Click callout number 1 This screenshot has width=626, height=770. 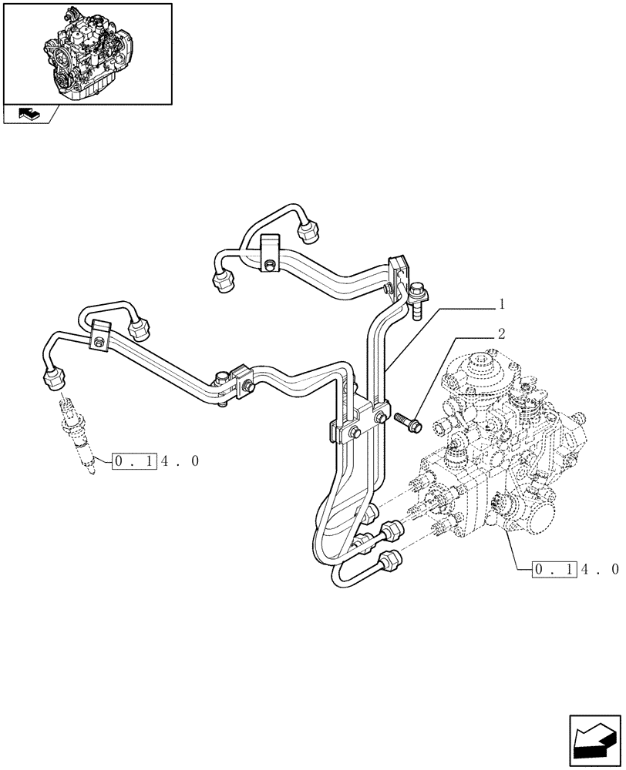click(x=501, y=304)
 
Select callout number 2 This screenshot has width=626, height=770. click(x=501, y=333)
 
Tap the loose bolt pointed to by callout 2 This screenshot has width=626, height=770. click(x=406, y=420)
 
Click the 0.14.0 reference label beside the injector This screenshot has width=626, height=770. click(x=156, y=461)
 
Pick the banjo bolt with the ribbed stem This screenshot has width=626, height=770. click(x=420, y=300)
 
